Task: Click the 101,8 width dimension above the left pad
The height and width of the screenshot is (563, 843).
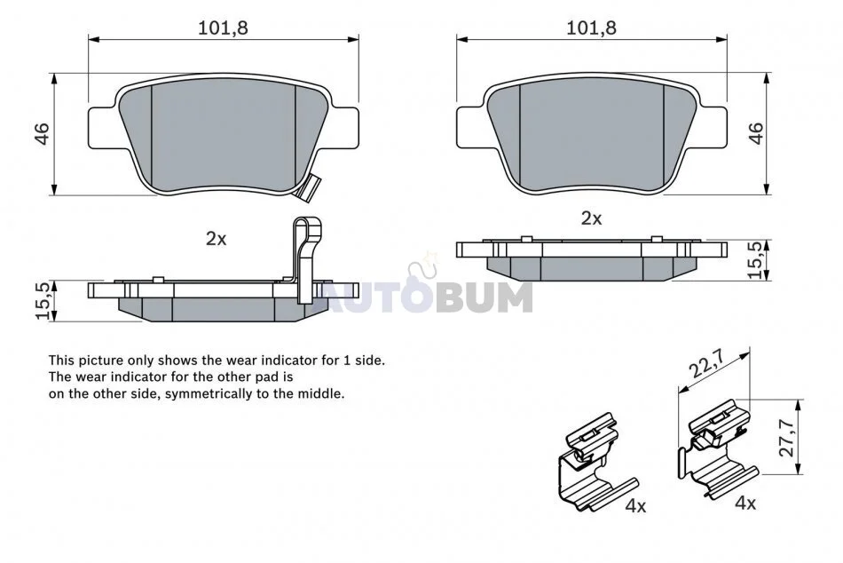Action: (x=223, y=28)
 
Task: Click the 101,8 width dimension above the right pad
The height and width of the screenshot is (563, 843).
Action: (x=591, y=28)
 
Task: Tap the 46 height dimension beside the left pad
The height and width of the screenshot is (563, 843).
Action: (x=42, y=133)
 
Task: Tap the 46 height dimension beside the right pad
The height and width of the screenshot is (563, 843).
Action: (x=756, y=133)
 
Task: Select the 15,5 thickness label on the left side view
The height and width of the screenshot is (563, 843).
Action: (x=44, y=301)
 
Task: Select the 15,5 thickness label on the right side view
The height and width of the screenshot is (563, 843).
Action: (x=755, y=260)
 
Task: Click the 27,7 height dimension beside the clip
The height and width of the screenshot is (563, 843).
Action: (x=786, y=437)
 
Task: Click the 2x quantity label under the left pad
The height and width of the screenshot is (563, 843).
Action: (x=217, y=239)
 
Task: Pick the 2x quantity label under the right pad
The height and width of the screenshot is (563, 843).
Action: (x=591, y=218)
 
